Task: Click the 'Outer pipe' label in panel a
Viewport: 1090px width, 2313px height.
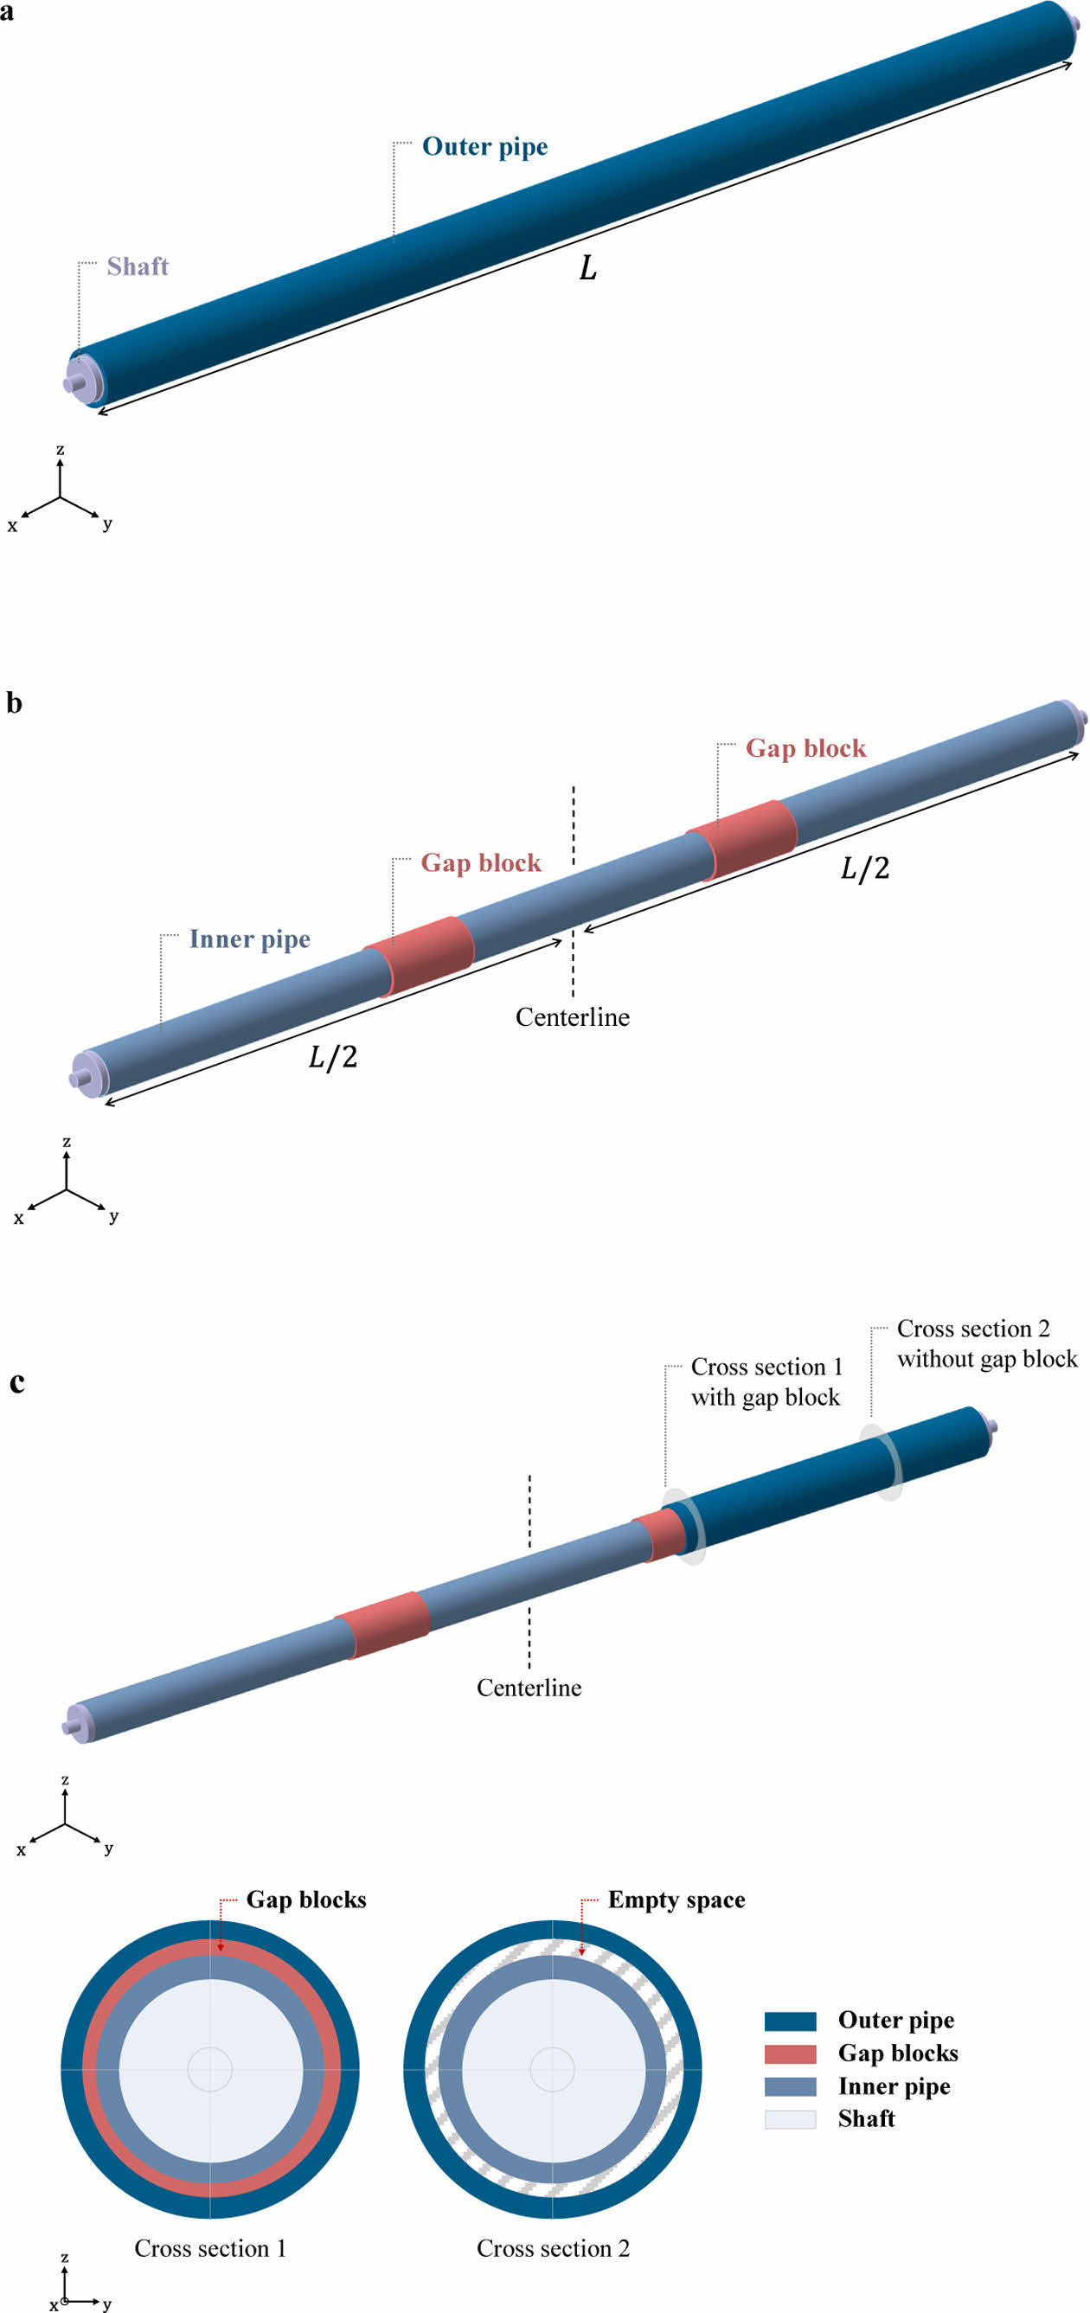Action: pyautogui.click(x=484, y=146)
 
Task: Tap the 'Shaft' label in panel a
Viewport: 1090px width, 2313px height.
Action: pyautogui.click(x=138, y=266)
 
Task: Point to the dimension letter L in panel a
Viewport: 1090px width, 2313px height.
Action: pyautogui.click(x=588, y=267)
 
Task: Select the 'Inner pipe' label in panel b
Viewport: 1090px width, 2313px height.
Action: pyautogui.click(x=250, y=939)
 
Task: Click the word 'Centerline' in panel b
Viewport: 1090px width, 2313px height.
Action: pyautogui.click(x=572, y=1017)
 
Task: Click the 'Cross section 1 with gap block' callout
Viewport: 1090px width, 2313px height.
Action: pyautogui.click(x=766, y=1382)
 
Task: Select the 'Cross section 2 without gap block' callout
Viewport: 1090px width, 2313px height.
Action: pyautogui.click(x=986, y=1343)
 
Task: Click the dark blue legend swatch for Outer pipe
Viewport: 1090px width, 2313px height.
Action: pyautogui.click(x=790, y=2021)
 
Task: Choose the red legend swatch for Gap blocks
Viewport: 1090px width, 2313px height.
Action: pyautogui.click(x=790, y=2054)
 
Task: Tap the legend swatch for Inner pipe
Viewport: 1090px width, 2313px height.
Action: pyautogui.click(x=790, y=2086)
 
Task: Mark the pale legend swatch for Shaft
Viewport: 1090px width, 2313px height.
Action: pyautogui.click(x=790, y=2118)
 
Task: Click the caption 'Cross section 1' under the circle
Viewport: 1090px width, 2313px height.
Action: pyautogui.click(x=210, y=2247)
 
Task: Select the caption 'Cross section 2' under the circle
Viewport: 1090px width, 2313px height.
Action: pyautogui.click(x=553, y=2247)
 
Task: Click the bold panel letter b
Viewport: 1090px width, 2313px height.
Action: pyautogui.click(x=14, y=703)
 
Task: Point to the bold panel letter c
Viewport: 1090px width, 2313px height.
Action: pyautogui.click(x=17, y=1382)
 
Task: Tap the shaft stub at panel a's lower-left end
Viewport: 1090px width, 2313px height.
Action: pyautogui.click(x=72, y=383)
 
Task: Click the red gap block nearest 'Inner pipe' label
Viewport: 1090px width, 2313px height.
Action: pyautogui.click(x=420, y=954)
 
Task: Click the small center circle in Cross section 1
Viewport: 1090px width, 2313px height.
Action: pyautogui.click(x=210, y=2069)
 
